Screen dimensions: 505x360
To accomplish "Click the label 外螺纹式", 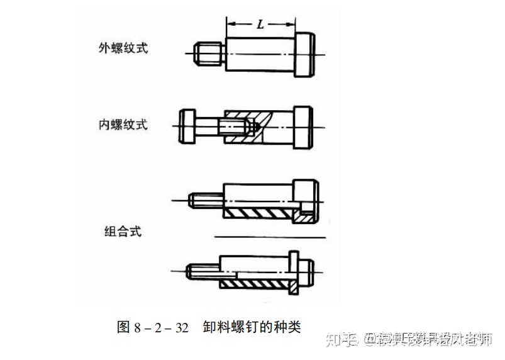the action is pos(123,48).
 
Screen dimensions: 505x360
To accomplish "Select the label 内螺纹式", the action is pos(123,125).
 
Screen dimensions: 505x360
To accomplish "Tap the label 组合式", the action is pos(123,231).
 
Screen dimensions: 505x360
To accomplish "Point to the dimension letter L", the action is pos(260,25).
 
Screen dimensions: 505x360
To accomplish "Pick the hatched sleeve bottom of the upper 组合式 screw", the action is pos(258,213).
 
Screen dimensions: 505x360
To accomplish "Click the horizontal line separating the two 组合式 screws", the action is pos(270,237).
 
